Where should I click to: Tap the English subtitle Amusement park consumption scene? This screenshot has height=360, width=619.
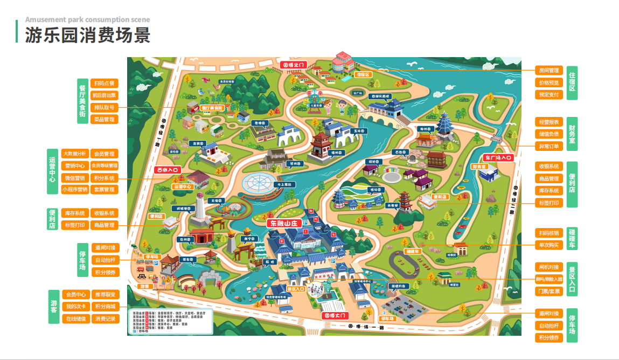[87, 20]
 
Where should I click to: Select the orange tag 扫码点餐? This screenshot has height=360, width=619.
[104, 84]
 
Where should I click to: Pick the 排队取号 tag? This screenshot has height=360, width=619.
[104, 107]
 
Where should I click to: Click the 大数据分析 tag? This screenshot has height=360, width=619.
[74, 154]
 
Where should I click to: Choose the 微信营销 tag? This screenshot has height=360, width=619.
[74, 178]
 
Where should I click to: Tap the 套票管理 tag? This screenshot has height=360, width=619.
[104, 190]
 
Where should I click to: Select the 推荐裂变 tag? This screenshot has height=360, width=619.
[104, 295]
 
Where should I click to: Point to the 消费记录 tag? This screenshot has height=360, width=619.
[104, 319]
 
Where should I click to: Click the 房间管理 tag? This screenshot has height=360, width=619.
[549, 71]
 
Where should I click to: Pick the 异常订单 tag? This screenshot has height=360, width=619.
[549, 146]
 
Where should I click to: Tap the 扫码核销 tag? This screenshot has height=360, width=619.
[549, 233]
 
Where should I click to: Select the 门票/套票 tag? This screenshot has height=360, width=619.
[549, 291]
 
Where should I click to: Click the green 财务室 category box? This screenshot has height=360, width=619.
[572, 134]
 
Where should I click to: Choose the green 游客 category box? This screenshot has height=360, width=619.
[54, 307]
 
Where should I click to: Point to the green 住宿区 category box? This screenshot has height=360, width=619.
[572, 82]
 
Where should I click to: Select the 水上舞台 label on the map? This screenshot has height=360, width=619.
[284, 185]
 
